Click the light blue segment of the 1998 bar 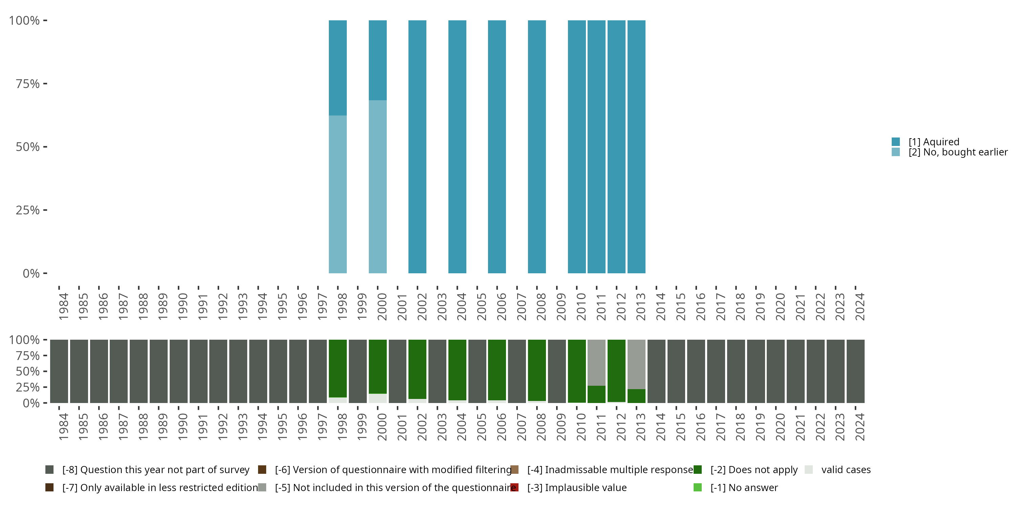[x=338, y=194]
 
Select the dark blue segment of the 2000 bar [x=378, y=60]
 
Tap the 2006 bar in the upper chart [x=496, y=147]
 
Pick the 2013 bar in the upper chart [x=636, y=147]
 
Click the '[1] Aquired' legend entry [x=933, y=142]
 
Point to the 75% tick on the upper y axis [x=45, y=84]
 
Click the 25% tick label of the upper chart [x=28, y=210]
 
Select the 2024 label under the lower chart [x=860, y=427]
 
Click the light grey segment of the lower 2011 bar [x=596, y=362]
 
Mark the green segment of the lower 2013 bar [x=636, y=396]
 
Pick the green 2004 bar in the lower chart [x=457, y=369]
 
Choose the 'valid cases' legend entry [x=846, y=470]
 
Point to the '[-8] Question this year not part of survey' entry [x=155, y=470]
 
